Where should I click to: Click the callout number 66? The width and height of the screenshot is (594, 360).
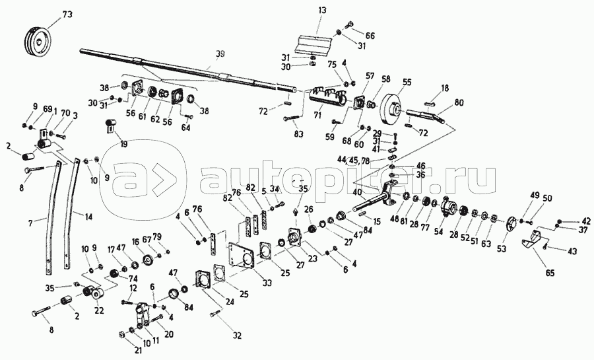pos(370,36)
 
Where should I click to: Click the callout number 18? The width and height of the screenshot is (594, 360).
pos(445,87)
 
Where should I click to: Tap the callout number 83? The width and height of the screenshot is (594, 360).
pos(299,134)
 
